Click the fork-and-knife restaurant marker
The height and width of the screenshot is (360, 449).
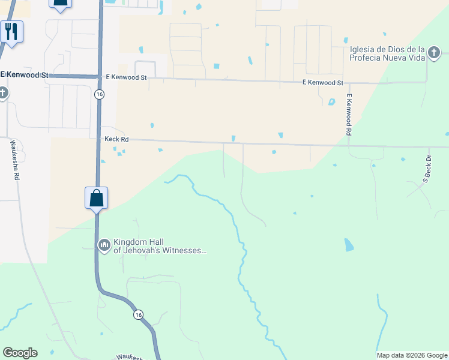(11, 31)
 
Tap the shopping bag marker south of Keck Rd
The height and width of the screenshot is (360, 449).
(96, 198)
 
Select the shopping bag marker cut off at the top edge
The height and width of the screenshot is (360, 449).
(59, 3)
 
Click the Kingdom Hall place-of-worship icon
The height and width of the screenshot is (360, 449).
(104, 244)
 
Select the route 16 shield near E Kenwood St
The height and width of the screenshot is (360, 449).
(98, 94)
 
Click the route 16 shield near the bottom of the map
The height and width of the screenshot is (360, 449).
(139, 314)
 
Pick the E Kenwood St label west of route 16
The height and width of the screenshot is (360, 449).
(25, 75)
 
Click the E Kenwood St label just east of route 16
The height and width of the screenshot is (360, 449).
(126, 77)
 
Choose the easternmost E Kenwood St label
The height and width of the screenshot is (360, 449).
(323, 83)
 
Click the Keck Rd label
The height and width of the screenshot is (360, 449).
(116, 139)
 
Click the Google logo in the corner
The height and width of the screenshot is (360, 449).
(20, 353)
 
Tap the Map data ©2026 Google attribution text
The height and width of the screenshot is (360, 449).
(412, 355)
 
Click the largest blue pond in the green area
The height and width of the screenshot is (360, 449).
(349, 244)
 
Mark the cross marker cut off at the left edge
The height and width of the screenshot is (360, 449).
(3, 93)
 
